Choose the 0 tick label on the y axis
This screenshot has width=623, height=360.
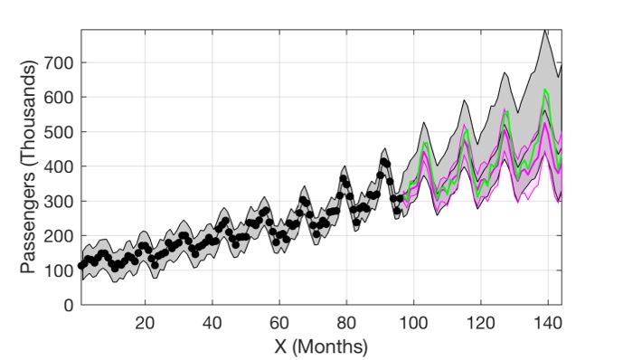69,305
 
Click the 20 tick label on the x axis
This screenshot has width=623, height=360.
145,323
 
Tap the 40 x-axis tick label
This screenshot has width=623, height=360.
212,323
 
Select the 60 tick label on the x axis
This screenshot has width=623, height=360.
278,323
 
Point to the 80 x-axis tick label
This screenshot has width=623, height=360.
345,323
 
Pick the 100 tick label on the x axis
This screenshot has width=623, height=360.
412,323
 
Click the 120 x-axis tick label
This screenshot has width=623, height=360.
479,323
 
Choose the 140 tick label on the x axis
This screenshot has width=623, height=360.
546,323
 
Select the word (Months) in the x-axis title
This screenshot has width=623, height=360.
335,346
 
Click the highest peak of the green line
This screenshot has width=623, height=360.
545,90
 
